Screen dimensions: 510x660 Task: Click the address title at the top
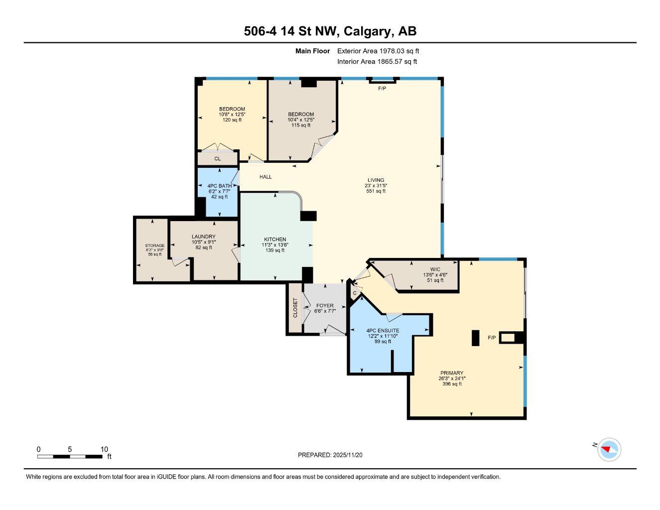pos(330,31)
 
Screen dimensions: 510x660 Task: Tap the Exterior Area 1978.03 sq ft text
pos(378,51)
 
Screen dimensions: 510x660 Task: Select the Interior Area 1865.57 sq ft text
pos(377,62)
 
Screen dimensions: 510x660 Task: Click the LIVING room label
pos(376,180)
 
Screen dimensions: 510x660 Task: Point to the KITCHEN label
pos(275,240)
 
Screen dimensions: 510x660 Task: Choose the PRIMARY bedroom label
pos(452,373)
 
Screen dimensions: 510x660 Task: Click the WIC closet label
pos(435,269)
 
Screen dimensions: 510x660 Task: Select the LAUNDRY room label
pos(204,237)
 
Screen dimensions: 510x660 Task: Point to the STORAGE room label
pos(154,246)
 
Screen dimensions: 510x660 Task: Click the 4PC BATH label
pos(219,186)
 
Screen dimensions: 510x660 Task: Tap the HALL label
pos(265,177)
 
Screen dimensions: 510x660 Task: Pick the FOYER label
pos(325,306)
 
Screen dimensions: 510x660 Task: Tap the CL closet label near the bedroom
pos(217,159)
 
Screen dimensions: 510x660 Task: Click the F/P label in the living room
pos(382,89)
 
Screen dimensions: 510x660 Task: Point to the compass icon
pos(609,450)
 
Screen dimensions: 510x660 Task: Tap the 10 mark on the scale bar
pos(104,449)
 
